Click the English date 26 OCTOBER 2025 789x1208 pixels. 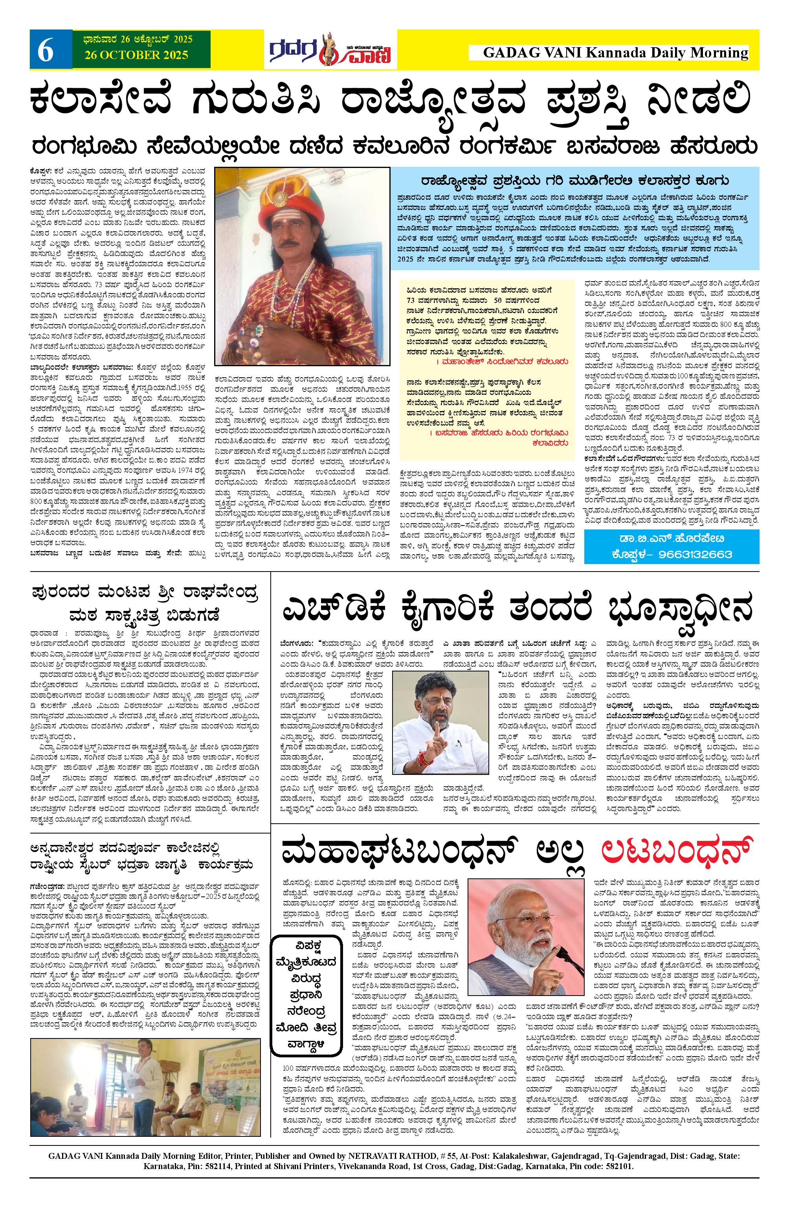(x=132, y=55)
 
